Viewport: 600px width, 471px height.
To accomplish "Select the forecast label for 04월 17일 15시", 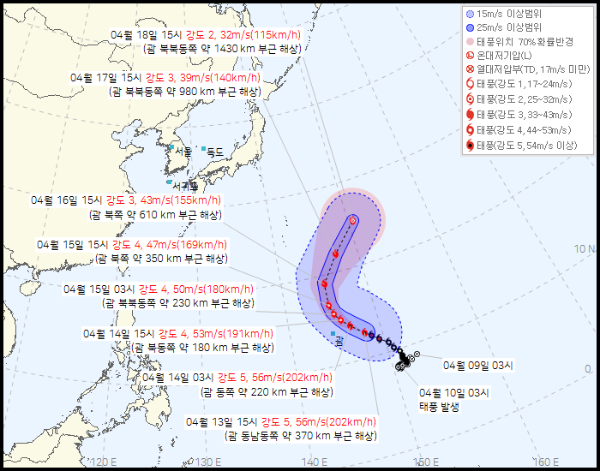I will (x=166, y=77).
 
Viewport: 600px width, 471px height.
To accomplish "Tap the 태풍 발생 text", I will (x=439, y=407).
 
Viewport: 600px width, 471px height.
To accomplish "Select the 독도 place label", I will (x=214, y=152).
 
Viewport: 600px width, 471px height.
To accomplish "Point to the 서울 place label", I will (x=183, y=152).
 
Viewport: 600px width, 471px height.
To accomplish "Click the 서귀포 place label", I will (x=183, y=184).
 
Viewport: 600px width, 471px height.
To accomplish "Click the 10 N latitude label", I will (x=585, y=249).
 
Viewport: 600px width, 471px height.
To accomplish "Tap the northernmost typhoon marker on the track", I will (x=353, y=220).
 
